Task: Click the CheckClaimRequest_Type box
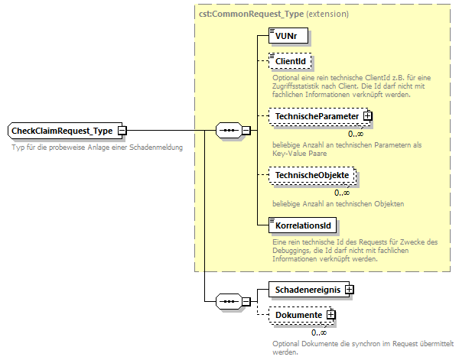pyautogui.click(x=62, y=131)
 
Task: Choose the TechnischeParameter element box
pyautogui.click(x=316, y=116)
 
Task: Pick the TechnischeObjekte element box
pyautogui.click(x=312, y=176)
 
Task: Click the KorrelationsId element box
pyautogui.click(x=303, y=225)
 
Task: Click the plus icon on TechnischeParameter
pyautogui.click(x=367, y=116)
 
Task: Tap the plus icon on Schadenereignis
pyautogui.click(x=349, y=290)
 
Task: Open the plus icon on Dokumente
pyautogui.click(x=330, y=315)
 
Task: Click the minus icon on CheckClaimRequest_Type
pyautogui.click(x=122, y=131)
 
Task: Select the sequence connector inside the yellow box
pyautogui.click(x=229, y=131)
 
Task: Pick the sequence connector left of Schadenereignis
pyautogui.click(x=229, y=302)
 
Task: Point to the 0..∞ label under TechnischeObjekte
pyautogui.click(x=341, y=192)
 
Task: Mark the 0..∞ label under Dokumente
pyautogui.click(x=318, y=332)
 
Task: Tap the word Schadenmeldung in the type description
pyautogui.click(x=158, y=147)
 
